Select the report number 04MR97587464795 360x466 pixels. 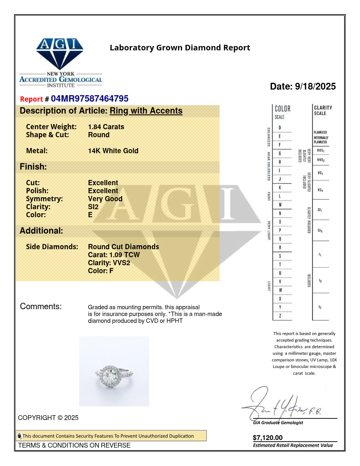(x=90, y=99)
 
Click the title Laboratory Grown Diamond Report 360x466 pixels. (x=180, y=48)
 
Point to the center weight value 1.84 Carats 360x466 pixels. (x=106, y=127)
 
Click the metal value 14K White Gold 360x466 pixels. (x=113, y=151)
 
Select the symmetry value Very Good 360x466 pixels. (x=105, y=199)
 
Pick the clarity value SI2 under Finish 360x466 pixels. (x=93, y=207)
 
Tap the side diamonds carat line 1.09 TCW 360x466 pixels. (x=114, y=255)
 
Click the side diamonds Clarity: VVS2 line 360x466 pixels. (x=109, y=263)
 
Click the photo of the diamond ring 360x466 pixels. (x=114, y=371)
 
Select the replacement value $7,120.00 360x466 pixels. (x=268, y=438)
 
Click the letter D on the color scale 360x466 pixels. (x=280, y=128)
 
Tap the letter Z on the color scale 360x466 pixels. (x=280, y=316)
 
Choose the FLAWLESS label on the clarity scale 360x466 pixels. (x=320, y=132)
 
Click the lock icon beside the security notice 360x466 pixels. (x=19, y=436)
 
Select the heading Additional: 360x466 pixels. (x=41, y=231)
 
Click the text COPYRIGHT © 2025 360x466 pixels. (x=48, y=418)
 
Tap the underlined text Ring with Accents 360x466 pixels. (x=146, y=111)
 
